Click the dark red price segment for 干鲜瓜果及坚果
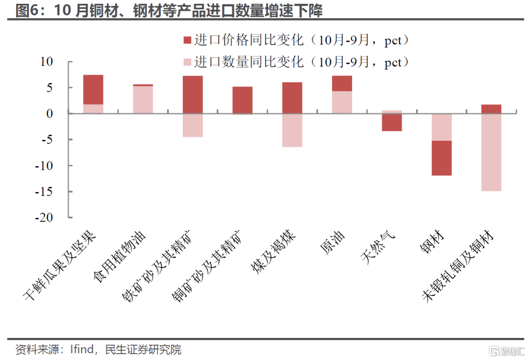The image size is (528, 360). [x=93, y=90]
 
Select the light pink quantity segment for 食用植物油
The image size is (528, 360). [x=143, y=100]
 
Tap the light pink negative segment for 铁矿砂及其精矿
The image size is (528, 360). [x=193, y=125]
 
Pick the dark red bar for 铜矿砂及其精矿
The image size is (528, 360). [x=242, y=100]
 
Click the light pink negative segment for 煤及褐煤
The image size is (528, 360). [x=292, y=130]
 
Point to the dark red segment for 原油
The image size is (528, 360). [x=342, y=84]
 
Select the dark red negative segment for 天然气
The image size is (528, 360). [x=392, y=122]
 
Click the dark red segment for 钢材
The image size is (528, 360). [x=442, y=158]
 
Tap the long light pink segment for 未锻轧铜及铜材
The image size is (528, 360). [x=491, y=152]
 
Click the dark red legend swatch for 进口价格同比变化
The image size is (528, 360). [x=187, y=41]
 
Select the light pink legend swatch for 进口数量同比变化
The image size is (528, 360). [x=187, y=63]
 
